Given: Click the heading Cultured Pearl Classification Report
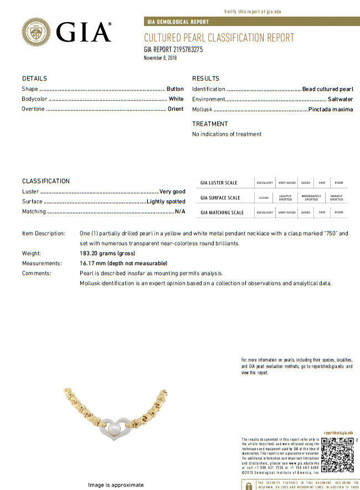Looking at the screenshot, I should pos(219,38).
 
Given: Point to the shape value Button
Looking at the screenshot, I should pos(175,89).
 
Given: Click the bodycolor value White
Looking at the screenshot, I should pos(176,99).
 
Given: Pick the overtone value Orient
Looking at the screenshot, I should pos(176,109).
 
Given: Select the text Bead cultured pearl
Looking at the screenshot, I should pos(327,89).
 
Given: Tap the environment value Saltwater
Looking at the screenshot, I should pos(340,99).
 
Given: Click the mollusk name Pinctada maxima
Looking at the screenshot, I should pos(331,110).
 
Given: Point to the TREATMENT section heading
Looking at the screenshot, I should pos(210,124).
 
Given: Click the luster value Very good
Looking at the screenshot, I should pos(172,192).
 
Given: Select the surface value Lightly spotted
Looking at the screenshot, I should pos(166,202).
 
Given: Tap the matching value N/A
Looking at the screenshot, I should pos(180,212).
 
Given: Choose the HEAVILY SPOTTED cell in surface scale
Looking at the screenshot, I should pos(336,198).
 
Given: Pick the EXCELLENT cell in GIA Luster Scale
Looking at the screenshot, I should pos(264,183).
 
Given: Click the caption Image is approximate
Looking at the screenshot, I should pos(116,485).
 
